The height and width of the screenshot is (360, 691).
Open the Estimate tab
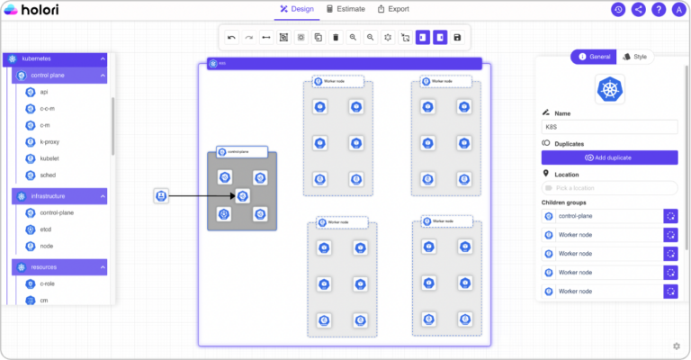tap(345, 9)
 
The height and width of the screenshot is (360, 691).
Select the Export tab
tap(393, 9)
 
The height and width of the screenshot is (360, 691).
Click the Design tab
tap(296, 9)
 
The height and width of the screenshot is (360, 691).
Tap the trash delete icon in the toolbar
tap(336, 38)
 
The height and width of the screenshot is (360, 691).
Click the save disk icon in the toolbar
tap(457, 38)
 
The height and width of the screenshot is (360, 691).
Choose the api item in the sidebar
tap(43, 92)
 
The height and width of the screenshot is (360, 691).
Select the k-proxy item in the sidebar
tap(49, 141)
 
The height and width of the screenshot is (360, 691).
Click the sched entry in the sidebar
tap(48, 175)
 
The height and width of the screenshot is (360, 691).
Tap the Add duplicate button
tap(609, 157)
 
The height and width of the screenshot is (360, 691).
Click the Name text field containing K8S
tap(609, 128)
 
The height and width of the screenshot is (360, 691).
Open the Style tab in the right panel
tap(635, 57)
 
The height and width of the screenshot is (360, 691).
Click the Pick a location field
tap(609, 187)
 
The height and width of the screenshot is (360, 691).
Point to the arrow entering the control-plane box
tap(202, 196)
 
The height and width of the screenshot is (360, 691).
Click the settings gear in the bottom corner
tap(676, 346)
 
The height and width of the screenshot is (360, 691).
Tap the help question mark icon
tap(659, 10)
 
